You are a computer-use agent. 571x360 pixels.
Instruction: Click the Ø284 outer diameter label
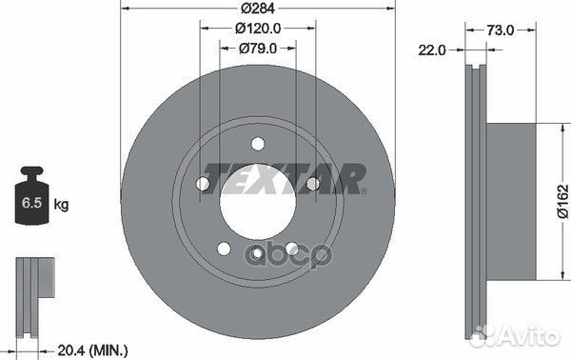[x=258, y=8]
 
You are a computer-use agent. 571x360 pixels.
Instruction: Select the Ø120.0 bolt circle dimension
[x=258, y=28]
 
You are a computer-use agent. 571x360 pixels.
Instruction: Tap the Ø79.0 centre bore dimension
[x=258, y=49]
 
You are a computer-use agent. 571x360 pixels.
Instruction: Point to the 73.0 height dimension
[x=501, y=30]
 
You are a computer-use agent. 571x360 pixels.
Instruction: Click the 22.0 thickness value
[x=432, y=50]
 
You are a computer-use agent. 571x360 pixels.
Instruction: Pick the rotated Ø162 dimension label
[x=562, y=201]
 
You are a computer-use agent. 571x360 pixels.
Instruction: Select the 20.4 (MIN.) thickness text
[x=93, y=350]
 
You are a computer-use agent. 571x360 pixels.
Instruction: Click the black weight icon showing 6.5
[x=32, y=195]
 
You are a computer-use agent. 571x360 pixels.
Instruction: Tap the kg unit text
[x=61, y=204]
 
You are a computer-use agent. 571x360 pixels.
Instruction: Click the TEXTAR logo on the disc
[x=284, y=178]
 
